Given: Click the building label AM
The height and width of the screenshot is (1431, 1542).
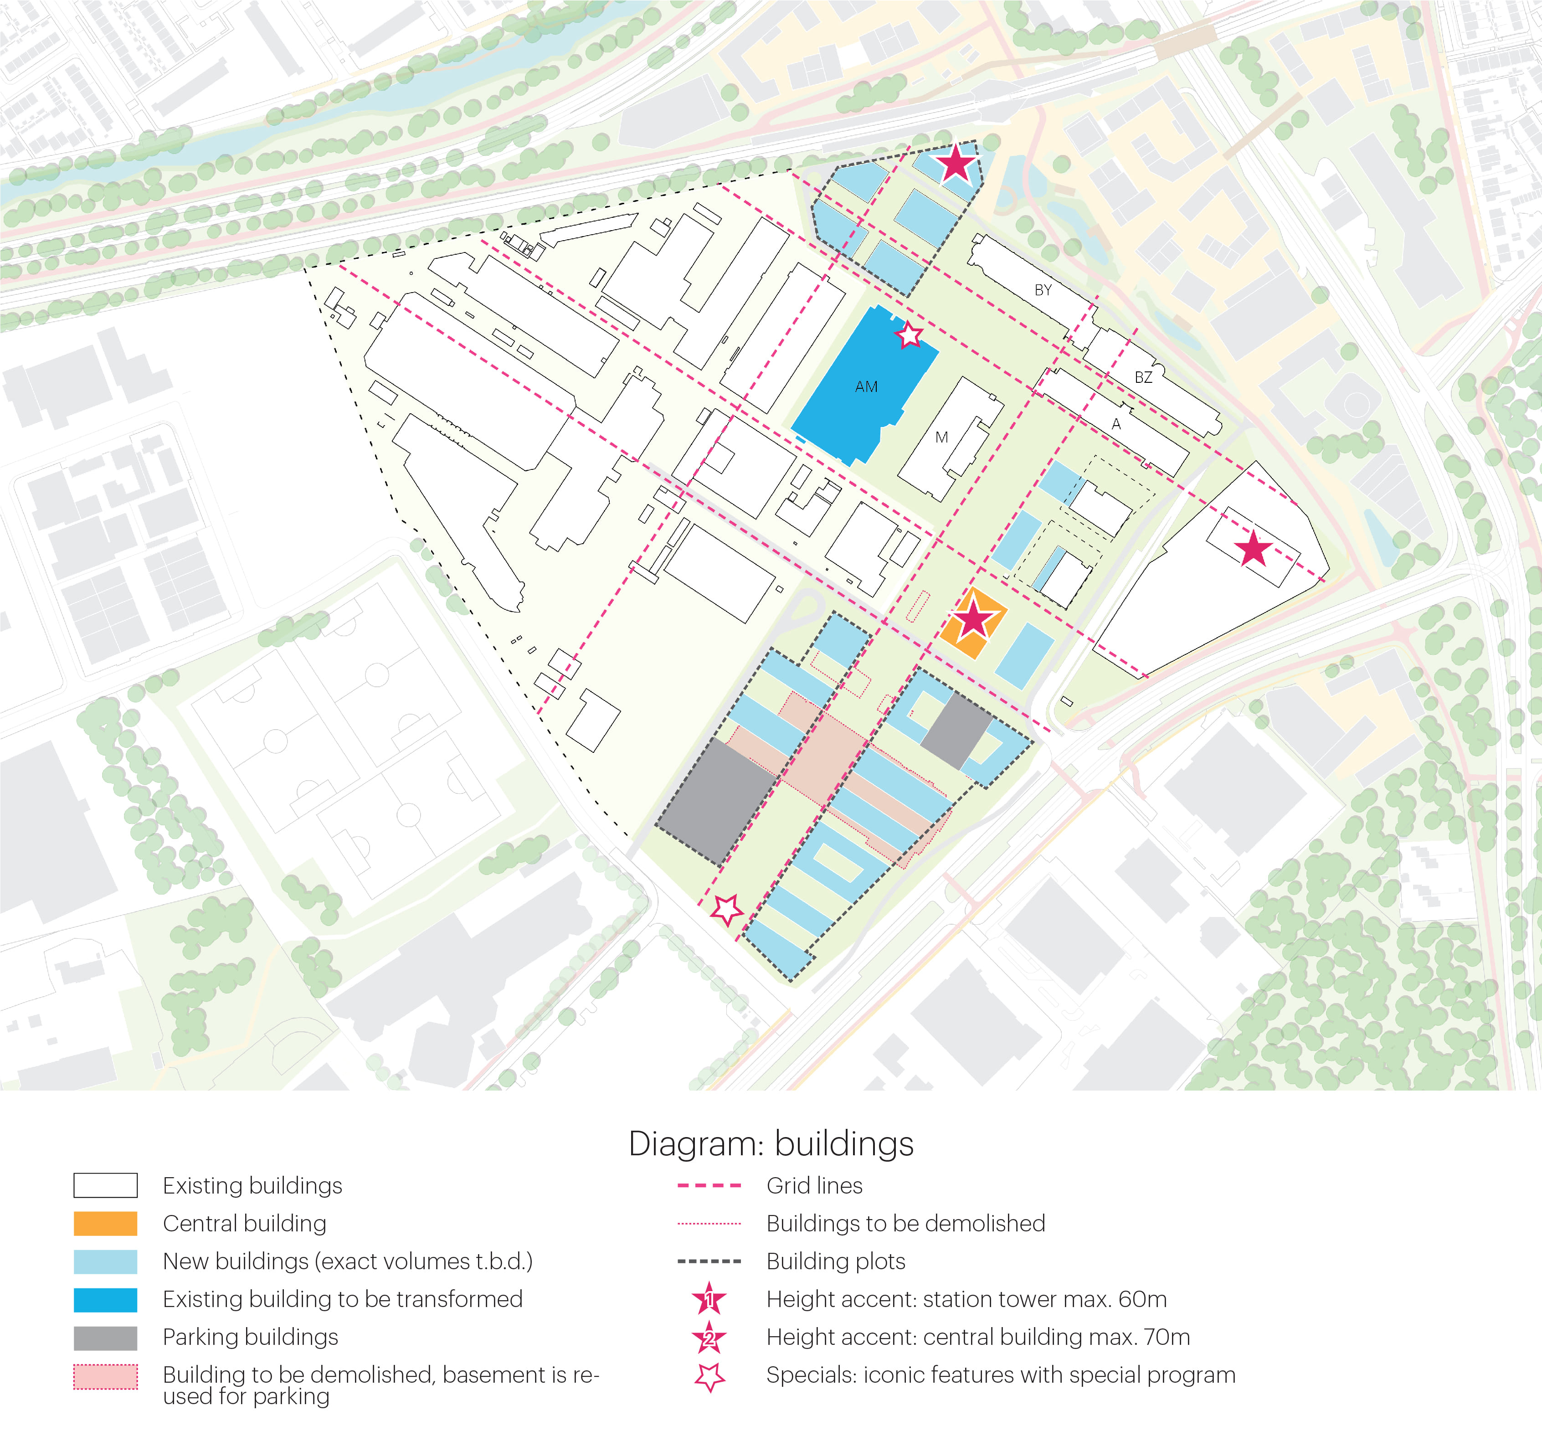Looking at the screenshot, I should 866,386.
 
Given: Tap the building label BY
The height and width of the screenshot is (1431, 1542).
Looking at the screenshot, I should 1043,290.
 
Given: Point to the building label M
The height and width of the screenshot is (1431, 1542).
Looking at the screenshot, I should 941,438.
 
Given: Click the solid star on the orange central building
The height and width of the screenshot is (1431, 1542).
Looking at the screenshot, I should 973,619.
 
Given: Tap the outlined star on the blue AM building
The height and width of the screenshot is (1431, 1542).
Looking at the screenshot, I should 909,335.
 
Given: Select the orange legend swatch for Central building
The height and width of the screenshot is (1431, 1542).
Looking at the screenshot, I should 105,1224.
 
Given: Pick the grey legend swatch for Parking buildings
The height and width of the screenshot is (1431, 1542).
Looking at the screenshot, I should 105,1337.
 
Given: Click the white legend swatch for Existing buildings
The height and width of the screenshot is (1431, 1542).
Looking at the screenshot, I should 105,1185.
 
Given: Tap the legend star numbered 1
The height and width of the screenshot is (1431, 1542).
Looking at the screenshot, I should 709,1299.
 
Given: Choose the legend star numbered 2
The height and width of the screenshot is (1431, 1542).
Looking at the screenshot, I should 709,1337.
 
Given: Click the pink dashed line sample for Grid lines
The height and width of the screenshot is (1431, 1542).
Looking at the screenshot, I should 709,1185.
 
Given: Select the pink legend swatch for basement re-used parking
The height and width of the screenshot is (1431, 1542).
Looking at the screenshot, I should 105,1377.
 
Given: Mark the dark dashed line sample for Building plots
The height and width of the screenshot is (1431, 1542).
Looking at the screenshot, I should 709,1261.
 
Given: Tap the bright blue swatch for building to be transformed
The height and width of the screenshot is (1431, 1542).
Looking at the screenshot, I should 105,1299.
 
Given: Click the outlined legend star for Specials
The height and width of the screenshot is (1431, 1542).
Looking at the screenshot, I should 709,1376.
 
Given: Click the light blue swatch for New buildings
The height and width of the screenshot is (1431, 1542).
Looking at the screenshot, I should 105,1261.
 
